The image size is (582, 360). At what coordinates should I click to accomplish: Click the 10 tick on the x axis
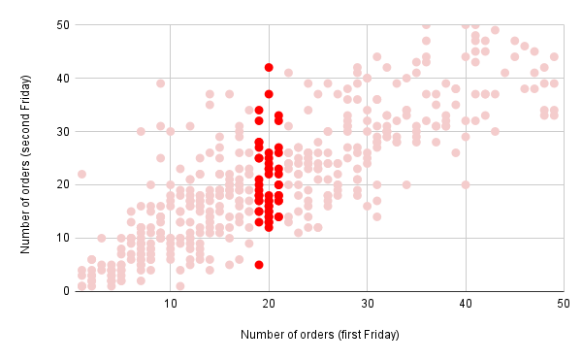click(171, 304)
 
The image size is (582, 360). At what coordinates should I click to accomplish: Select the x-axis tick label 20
click(269, 304)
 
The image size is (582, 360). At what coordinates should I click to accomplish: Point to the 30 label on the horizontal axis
click(367, 304)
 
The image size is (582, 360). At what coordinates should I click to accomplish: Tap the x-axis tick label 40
click(466, 304)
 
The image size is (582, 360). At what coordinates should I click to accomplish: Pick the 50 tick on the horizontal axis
click(563, 304)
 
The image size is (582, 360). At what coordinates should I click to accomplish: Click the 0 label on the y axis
click(60, 291)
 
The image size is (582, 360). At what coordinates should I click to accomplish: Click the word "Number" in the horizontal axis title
click(264, 336)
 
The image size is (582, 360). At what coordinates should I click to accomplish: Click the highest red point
click(269, 67)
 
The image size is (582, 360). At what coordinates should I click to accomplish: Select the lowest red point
click(259, 264)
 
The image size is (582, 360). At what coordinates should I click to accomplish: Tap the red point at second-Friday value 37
click(269, 94)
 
